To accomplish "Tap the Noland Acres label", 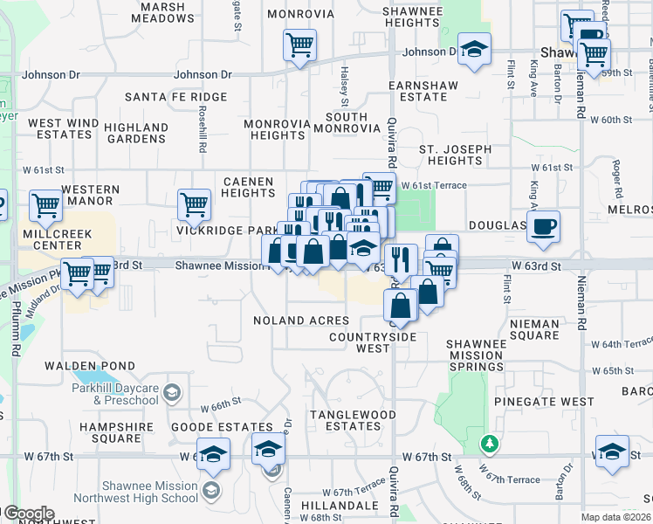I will (x=301, y=321).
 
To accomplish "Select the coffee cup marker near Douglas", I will (x=543, y=226).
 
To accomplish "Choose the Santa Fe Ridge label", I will (x=175, y=97).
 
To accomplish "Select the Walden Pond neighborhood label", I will (x=90, y=366).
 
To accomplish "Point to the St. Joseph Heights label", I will (x=455, y=155).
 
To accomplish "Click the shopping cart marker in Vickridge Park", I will (x=194, y=204).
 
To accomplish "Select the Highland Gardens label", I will (x=135, y=133).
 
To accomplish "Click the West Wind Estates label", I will (x=60, y=129).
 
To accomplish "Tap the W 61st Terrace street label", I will (x=434, y=185).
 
